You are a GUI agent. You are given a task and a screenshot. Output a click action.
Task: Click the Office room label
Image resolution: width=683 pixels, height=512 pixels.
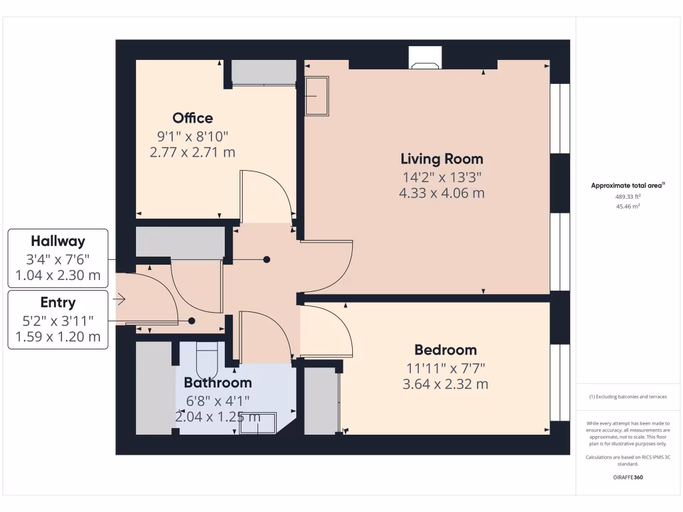tap(192, 118)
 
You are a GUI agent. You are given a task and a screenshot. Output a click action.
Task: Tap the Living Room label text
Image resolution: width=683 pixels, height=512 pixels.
tap(442, 159)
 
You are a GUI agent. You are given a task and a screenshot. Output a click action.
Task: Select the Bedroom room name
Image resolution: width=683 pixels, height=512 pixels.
tap(445, 350)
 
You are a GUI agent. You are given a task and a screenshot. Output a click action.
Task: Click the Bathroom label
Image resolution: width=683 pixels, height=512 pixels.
tap(217, 383)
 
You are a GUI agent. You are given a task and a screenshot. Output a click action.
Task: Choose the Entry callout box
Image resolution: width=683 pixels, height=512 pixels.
tap(57, 319)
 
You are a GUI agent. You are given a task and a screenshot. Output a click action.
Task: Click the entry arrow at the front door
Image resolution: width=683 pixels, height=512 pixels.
tap(119, 301)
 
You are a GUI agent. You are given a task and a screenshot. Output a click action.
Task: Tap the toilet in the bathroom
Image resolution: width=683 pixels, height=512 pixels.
tap(207, 360)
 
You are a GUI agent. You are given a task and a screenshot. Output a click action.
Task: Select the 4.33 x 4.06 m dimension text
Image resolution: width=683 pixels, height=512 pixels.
tap(442, 193)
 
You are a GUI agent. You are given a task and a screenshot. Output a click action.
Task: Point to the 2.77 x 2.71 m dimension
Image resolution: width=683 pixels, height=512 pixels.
tap(192, 152)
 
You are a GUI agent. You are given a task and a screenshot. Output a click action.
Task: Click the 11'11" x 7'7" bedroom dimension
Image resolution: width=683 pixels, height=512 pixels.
tap(445, 367)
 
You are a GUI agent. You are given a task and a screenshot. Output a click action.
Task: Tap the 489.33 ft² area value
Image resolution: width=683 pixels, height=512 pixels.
tap(628, 197)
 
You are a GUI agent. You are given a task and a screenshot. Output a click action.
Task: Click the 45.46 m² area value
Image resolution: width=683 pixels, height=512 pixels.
tap(628, 207)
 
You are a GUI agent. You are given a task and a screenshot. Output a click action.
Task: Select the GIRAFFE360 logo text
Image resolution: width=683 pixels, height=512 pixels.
tap(628, 477)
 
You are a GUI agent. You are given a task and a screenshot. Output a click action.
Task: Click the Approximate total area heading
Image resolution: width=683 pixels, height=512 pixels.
tap(628, 186)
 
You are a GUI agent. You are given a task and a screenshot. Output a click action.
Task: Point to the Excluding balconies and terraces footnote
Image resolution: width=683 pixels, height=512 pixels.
tap(628, 397)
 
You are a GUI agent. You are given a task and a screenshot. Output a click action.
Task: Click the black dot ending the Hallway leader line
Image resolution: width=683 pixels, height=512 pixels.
tap(267, 259)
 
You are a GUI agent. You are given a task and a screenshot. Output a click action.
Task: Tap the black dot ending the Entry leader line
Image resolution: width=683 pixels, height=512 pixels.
tap(191, 321)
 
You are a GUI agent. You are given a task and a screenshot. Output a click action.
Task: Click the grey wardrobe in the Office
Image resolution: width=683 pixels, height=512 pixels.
tap(263, 72)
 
